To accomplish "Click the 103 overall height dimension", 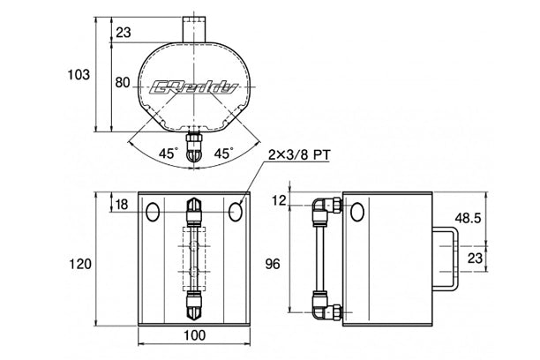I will pos(79,74).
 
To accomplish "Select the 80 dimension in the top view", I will pos(122,84).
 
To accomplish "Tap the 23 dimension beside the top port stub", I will pos(123,33).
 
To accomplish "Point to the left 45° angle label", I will pos(169,153).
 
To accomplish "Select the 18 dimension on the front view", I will pos(123,205).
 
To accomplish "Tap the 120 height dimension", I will pos(79,262).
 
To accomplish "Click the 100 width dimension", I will pos(195,335).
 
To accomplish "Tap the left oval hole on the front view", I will pos(153,212).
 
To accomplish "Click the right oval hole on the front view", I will pos(236,212).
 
